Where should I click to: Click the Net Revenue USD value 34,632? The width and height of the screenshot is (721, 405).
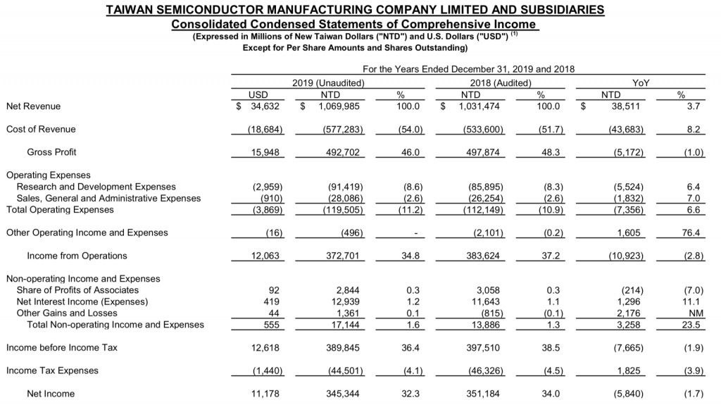(x=262, y=106)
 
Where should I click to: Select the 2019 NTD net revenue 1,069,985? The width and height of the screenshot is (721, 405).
(x=339, y=106)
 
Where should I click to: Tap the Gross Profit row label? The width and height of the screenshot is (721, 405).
(x=51, y=152)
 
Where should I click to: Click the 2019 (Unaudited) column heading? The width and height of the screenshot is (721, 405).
(x=328, y=82)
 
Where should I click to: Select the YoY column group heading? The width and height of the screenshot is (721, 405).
(x=641, y=82)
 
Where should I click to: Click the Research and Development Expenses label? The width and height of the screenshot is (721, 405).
(x=96, y=187)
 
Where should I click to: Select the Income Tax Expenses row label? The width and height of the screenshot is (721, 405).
(x=52, y=370)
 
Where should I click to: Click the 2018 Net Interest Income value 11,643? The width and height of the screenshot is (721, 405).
(x=482, y=301)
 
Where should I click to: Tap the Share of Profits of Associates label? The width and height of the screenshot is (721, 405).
(x=77, y=290)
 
